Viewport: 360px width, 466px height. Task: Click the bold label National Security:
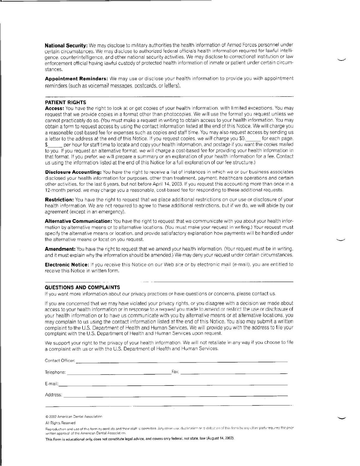[x=66, y=46]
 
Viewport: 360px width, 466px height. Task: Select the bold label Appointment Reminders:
[x=76, y=79]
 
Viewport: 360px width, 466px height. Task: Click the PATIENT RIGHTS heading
[x=65, y=103]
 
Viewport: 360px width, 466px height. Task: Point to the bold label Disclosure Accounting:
[x=73, y=172]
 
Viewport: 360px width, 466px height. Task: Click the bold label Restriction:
[x=59, y=200]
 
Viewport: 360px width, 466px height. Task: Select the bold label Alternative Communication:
[x=78, y=221]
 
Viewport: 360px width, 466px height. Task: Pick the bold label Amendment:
[x=60, y=249]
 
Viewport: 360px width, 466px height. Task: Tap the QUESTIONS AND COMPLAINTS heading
[x=82, y=288]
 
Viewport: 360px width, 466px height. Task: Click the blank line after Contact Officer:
[x=182, y=362]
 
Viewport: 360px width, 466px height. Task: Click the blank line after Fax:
[x=234, y=373]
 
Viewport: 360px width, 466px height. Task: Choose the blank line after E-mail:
[x=173, y=385]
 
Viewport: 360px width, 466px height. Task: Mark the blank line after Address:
[x=176, y=396]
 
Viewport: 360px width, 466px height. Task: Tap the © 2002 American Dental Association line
[x=74, y=417]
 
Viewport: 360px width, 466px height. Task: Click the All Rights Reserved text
[x=60, y=423]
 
